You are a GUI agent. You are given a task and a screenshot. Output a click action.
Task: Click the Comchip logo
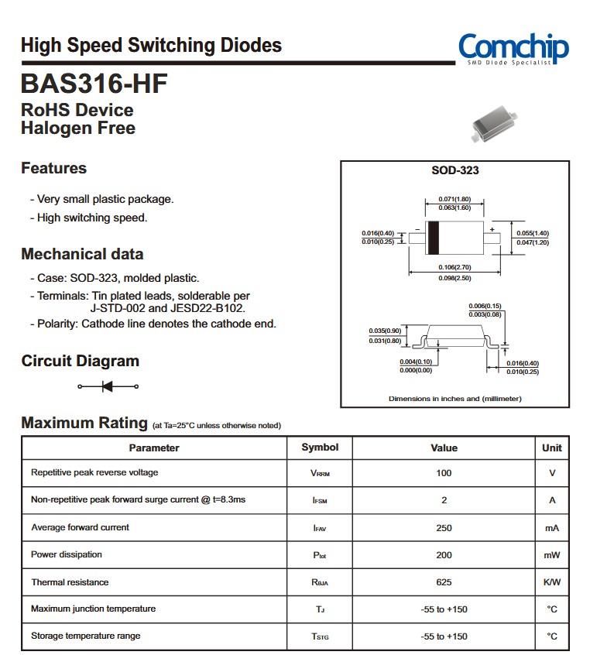tap(513, 48)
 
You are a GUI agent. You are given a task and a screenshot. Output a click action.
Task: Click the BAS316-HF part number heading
tap(94, 83)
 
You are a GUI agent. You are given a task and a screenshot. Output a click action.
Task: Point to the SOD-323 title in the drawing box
tap(455, 170)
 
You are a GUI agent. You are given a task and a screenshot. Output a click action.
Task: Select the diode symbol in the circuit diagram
tap(108, 386)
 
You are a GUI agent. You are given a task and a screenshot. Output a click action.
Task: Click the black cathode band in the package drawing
tap(434, 238)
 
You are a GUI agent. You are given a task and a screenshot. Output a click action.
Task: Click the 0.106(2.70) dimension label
tap(455, 268)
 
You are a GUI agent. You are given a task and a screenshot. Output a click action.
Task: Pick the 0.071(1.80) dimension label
tap(455, 199)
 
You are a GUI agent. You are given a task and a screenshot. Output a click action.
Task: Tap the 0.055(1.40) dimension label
tap(533, 233)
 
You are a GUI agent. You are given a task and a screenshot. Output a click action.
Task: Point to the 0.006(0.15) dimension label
tap(485, 306)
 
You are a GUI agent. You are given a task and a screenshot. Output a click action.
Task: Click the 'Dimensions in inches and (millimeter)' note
tap(455, 399)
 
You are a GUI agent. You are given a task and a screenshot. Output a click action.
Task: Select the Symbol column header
tap(320, 448)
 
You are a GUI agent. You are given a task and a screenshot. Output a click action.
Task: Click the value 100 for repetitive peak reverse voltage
tap(444, 473)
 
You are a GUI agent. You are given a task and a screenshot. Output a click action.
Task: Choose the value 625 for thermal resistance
tap(444, 582)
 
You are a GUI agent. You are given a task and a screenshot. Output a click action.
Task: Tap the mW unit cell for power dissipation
tap(552, 555)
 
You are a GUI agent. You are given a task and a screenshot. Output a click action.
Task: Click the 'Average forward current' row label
tap(80, 527)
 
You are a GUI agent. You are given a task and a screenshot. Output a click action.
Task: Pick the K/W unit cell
tap(552, 582)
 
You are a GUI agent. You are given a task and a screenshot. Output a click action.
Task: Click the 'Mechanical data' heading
tap(82, 254)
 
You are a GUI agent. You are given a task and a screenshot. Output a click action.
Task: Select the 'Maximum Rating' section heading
tap(84, 423)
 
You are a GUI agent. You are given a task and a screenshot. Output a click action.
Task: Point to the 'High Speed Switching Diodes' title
tap(151, 45)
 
